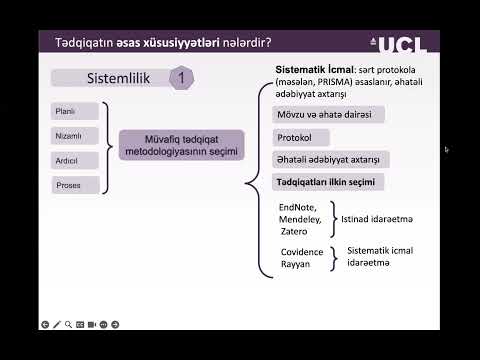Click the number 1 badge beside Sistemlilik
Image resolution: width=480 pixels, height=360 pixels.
pyautogui.click(x=181, y=77)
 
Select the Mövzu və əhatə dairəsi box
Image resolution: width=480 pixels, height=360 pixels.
pyautogui.click(x=325, y=115)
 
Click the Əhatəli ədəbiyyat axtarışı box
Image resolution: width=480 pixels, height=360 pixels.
pyautogui.click(x=331, y=160)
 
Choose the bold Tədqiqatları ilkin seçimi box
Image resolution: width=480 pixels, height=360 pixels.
pyautogui.click(x=328, y=183)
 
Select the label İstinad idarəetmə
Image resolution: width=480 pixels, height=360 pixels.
pyautogui.click(x=378, y=218)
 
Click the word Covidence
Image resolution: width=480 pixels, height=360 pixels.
pyautogui.click(x=302, y=254)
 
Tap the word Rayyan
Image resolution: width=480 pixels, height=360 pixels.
pyautogui.click(x=295, y=265)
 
